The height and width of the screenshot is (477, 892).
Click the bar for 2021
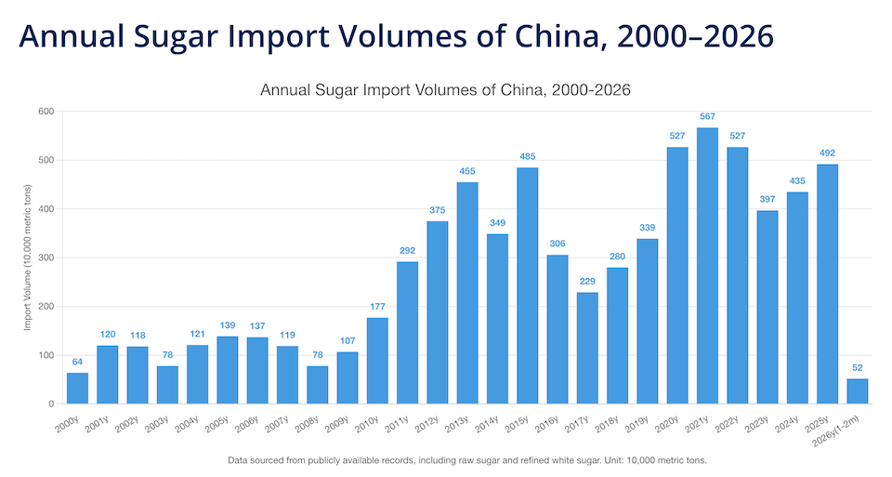click(x=707, y=266)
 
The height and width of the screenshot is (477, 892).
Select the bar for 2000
click(x=78, y=389)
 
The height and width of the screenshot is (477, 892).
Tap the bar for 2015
click(x=528, y=285)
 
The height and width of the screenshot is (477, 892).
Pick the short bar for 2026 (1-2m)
click(x=857, y=391)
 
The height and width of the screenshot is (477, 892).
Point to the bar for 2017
click(x=587, y=348)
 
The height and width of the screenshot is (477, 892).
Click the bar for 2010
click(x=377, y=361)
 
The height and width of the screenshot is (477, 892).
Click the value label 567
click(x=707, y=116)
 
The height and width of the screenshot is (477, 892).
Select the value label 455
click(x=467, y=171)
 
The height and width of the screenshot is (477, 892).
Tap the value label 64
click(x=78, y=362)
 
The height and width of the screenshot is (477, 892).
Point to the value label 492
click(x=827, y=153)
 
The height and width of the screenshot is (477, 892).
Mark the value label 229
click(x=587, y=282)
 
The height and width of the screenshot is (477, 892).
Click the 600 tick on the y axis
click(x=46, y=112)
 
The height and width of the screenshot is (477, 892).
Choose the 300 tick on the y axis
click(x=46, y=258)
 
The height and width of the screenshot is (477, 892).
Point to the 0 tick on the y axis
click(x=52, y=404)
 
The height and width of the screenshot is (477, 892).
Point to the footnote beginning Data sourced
click(x=467, y=460)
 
